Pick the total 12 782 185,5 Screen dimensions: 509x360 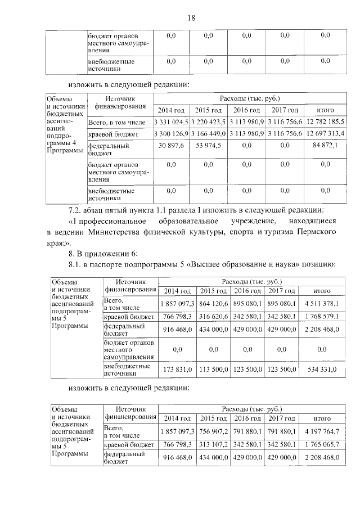pyautogui.click(x=326, y=121)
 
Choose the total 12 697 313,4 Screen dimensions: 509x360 pyautogui.click(x=326, y=133)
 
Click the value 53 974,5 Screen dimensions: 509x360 pyautogui.click(x=208, y=146)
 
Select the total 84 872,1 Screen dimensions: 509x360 pyautogui.click(x=326, y=146)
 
